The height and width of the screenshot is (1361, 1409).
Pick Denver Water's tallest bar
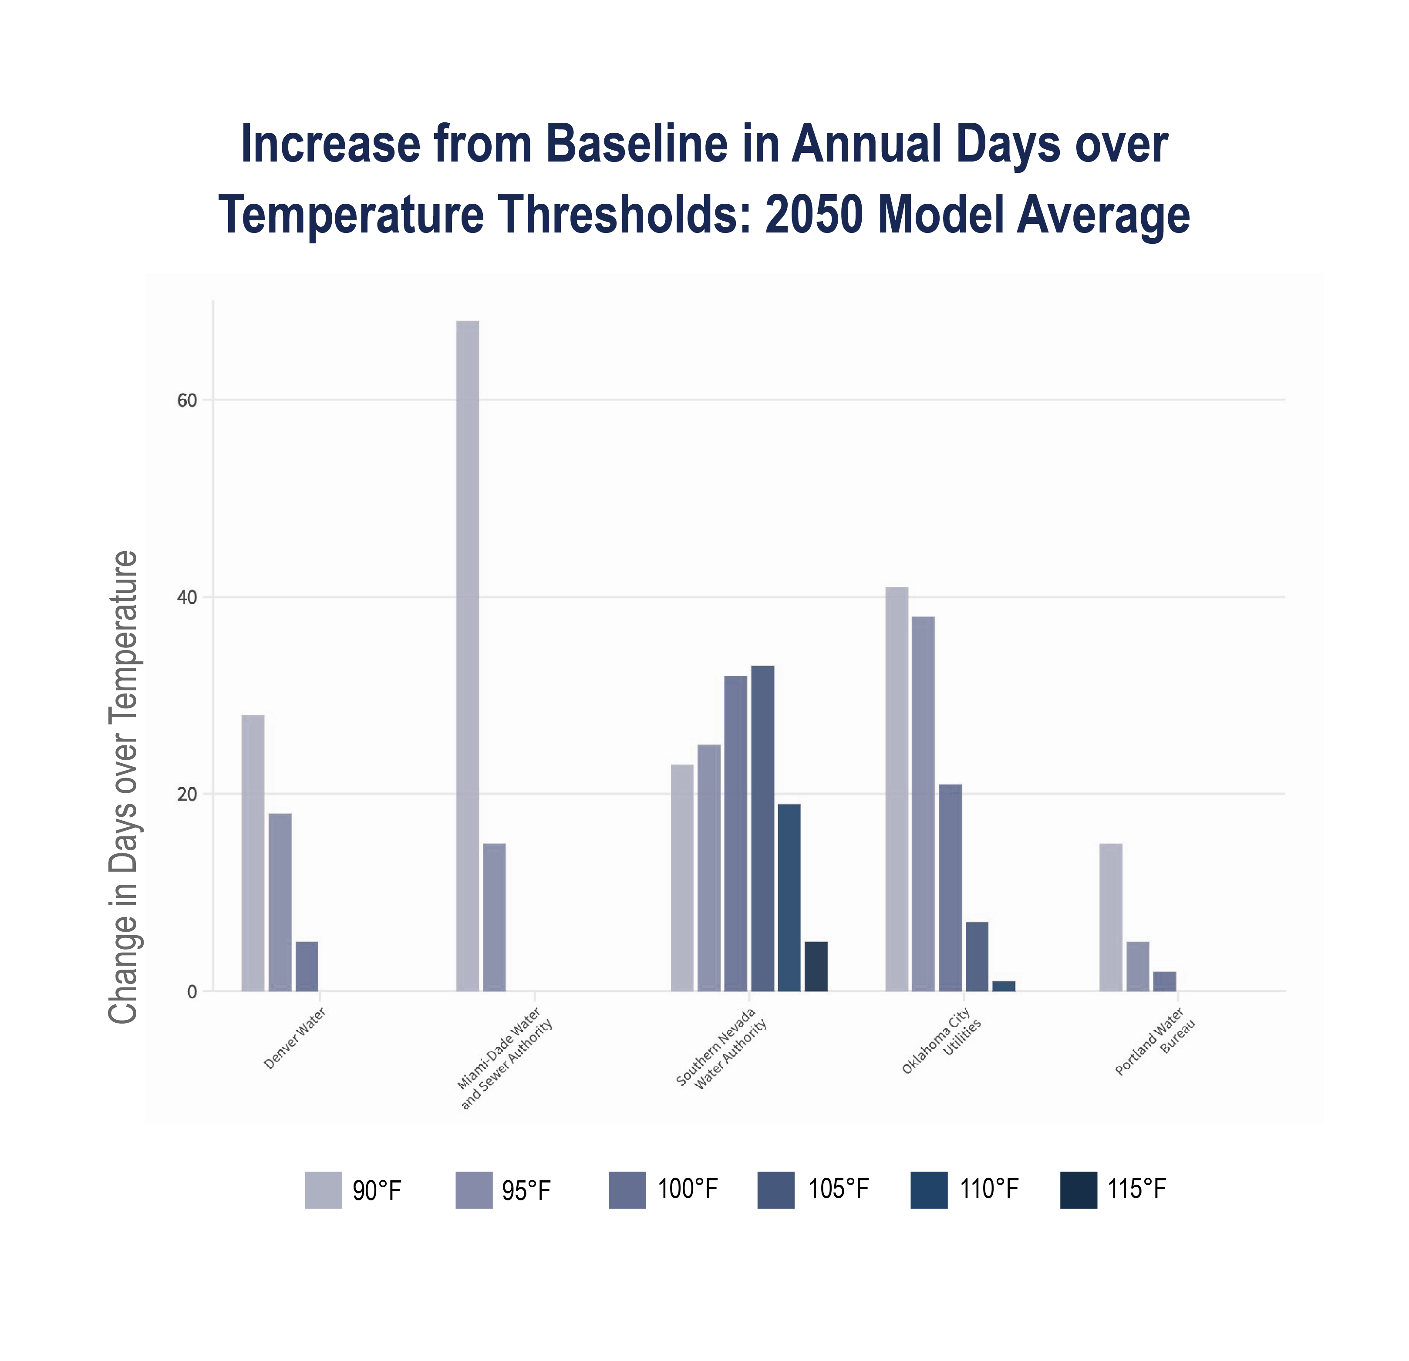[253, 852]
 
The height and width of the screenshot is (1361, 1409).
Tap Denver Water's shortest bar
[307, 966]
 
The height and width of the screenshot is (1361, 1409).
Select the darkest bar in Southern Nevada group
[816, 966]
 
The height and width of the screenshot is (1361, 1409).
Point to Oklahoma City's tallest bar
[897, 789]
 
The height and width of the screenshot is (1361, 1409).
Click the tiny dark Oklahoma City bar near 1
[1004, 986]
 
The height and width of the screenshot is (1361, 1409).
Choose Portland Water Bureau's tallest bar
[1111, 916]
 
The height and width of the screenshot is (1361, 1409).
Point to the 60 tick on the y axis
[187, 401]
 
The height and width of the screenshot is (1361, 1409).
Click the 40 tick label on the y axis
[187, 597]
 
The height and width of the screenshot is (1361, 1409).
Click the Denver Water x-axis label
[295, 1038]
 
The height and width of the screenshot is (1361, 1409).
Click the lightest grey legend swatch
[324, 1190]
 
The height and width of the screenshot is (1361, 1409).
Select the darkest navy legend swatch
[1079, 1190]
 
